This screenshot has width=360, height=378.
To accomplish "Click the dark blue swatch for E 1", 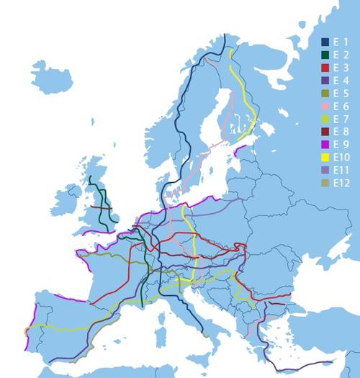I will pos(325,41).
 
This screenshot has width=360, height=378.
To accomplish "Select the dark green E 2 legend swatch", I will pos(325,54).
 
